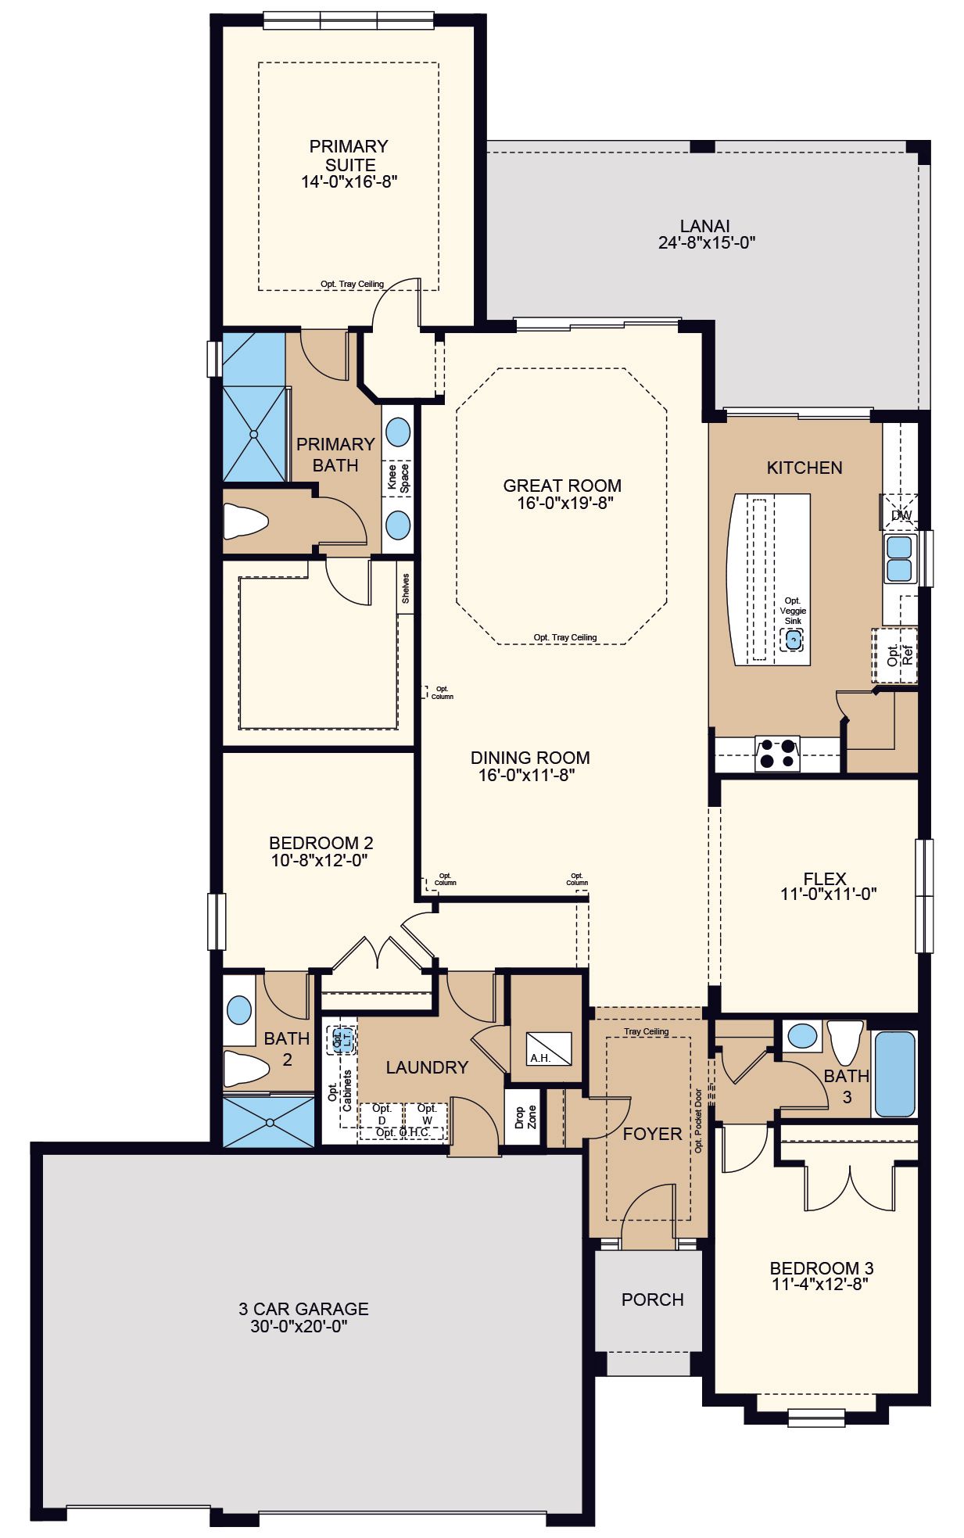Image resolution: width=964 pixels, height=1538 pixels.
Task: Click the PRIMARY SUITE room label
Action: coord(349,156)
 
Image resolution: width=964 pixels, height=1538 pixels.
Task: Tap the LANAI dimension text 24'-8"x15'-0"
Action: coord(706,242)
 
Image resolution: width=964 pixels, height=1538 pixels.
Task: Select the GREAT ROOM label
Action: coord(562,486)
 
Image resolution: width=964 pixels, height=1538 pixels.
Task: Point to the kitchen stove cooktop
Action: coord(777,753)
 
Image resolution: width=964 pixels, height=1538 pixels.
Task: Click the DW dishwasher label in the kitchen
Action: coord(901,515)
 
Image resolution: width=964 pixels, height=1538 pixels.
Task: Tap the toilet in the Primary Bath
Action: coord(246,521)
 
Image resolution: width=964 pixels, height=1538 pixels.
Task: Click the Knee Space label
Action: coord(398,477)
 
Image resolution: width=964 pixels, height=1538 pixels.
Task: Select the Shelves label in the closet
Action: coord(405,588)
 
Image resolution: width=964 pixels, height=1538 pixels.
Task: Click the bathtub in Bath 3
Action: coord(894,1074)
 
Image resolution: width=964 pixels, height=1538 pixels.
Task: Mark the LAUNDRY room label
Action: coord(427,1067)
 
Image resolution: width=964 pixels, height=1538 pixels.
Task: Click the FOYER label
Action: coord(652,1134)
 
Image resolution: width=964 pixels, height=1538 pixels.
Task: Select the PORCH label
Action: coord(652,1300)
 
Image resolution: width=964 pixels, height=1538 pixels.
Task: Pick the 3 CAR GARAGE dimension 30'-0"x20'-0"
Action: coord(299,1327)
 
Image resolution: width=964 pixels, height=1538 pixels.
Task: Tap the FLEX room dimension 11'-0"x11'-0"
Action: coord(828,894)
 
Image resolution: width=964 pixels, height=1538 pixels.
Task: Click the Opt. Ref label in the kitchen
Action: coord(900,655)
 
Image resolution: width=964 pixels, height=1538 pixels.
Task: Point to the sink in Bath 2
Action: coord(239,1010)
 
